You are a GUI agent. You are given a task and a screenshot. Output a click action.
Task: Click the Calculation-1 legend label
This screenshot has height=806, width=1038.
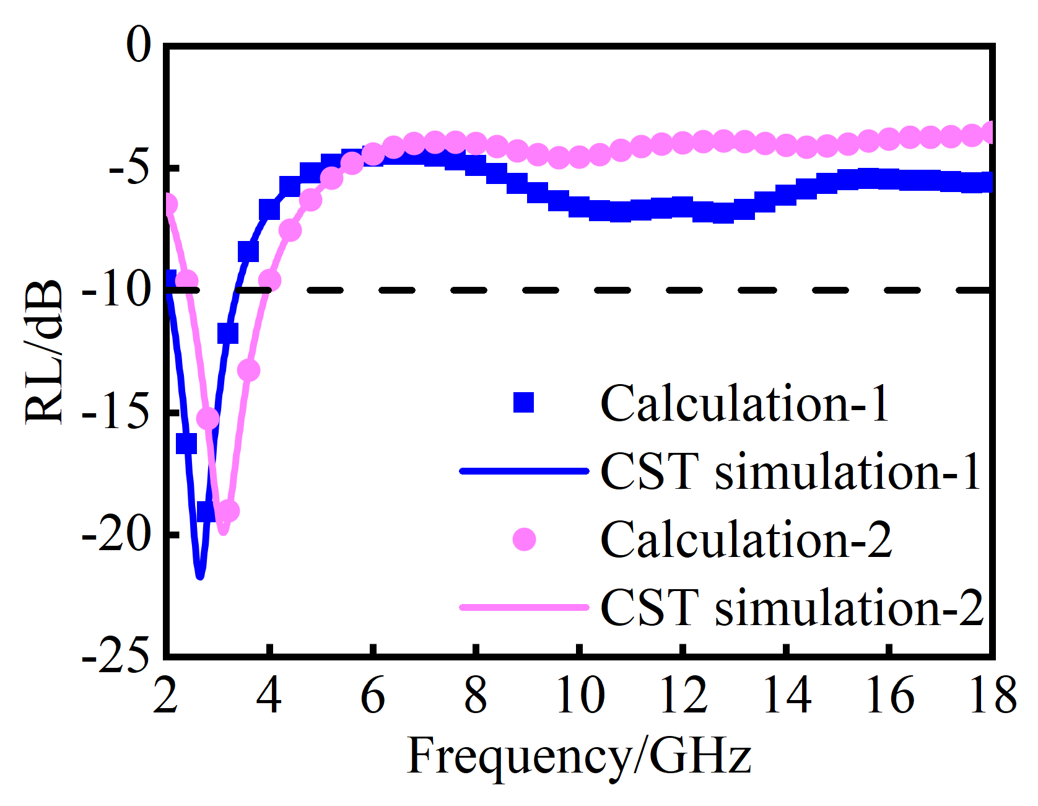pos(744,404)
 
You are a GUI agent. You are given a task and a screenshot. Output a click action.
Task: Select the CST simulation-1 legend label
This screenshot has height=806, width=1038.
pos(790,472)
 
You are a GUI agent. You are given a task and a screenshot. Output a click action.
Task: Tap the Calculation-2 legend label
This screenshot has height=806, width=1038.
pos(746,540)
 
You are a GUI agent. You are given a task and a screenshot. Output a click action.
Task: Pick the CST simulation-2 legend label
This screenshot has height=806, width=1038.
pos(792,608)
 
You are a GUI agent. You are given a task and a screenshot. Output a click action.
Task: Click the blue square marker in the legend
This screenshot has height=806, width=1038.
pos(524,403)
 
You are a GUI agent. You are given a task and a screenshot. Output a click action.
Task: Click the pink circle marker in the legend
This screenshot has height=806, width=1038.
pos(524,540)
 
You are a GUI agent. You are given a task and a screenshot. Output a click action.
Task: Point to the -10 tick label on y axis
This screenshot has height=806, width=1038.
pos(116,290)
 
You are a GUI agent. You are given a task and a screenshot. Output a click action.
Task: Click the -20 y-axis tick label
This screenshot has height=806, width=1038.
pos(116,534)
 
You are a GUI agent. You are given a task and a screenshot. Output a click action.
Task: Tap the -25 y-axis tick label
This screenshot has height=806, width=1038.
pos(116,655)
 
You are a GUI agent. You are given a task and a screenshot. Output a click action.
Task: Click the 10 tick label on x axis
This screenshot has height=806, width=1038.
pos(580,696)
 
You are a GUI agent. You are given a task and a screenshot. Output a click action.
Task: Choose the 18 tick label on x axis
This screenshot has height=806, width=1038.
pos(992,696)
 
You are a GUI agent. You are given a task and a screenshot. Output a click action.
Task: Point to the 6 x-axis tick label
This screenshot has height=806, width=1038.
pos(373,696)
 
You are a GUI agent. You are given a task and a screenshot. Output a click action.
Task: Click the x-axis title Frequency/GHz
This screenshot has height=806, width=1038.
pos(579,756)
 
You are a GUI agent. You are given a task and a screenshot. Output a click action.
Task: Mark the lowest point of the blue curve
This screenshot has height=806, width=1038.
pos(199,576)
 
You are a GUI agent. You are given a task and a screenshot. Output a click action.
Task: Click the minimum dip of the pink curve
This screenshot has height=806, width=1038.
pos(224,532)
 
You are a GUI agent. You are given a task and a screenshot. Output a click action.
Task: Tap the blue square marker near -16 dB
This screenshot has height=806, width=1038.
pos(186,444)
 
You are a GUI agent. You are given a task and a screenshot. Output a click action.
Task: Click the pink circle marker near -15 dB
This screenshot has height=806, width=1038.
pos(207,419)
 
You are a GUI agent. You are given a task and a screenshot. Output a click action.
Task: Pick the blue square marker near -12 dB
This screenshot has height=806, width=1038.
pos(228,334)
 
